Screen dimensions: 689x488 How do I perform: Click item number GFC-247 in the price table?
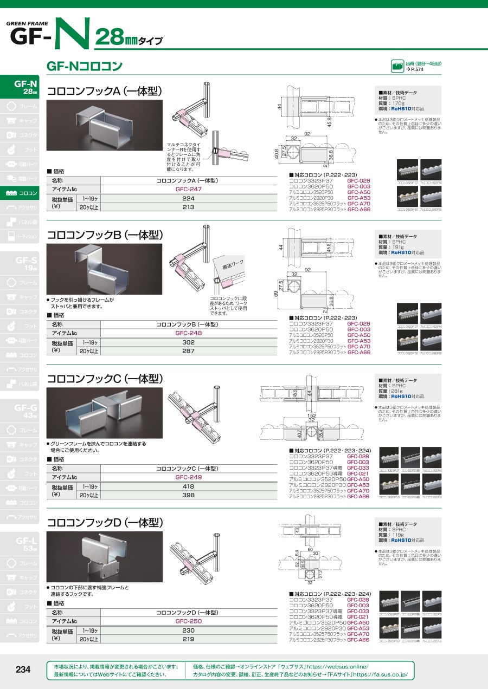click(188, 190)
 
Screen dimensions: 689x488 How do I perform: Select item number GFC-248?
click(188, 333)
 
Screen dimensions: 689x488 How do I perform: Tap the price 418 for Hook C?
click(188, 486)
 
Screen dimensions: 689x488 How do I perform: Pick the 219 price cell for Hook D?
click(188, 639)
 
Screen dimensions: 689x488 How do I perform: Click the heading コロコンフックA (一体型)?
click(105, 92)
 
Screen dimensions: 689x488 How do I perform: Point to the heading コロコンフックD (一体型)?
click(105, 523)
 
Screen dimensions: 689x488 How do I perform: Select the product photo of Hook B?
click(105, 269)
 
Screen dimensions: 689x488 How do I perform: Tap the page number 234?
click(23, 670)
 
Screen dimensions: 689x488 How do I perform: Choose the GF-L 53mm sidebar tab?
click(24, 544)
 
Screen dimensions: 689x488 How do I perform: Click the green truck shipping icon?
click(397, 67)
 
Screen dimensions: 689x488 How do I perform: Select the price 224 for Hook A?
click(188, 199)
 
